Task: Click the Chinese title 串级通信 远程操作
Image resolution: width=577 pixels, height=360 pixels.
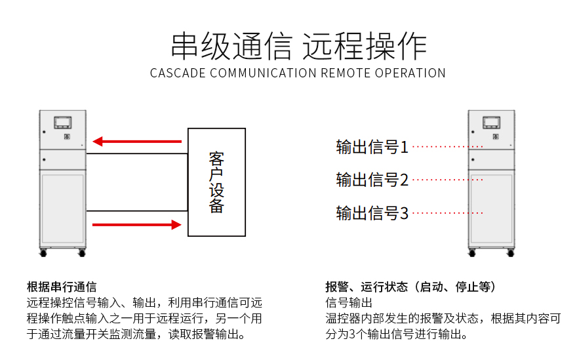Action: click(298, 46)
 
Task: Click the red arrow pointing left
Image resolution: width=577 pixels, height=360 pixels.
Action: click(137, 141)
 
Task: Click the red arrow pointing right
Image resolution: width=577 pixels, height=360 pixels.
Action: click(137, 225)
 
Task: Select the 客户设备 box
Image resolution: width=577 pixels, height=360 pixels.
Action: click(216, 182)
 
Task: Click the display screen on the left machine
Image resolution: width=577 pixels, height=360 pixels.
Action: click(64, 122)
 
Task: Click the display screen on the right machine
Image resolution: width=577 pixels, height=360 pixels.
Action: click(490, 122)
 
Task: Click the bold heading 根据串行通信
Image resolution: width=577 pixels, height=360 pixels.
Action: click(62, 287)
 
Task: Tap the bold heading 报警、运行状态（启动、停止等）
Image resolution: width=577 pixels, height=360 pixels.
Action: click(410, 287)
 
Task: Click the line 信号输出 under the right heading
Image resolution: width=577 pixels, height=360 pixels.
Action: click(349, 303)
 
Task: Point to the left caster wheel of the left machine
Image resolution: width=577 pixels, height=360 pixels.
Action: click(44, 252)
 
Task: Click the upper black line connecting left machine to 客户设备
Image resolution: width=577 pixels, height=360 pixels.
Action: click(137, 154)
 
